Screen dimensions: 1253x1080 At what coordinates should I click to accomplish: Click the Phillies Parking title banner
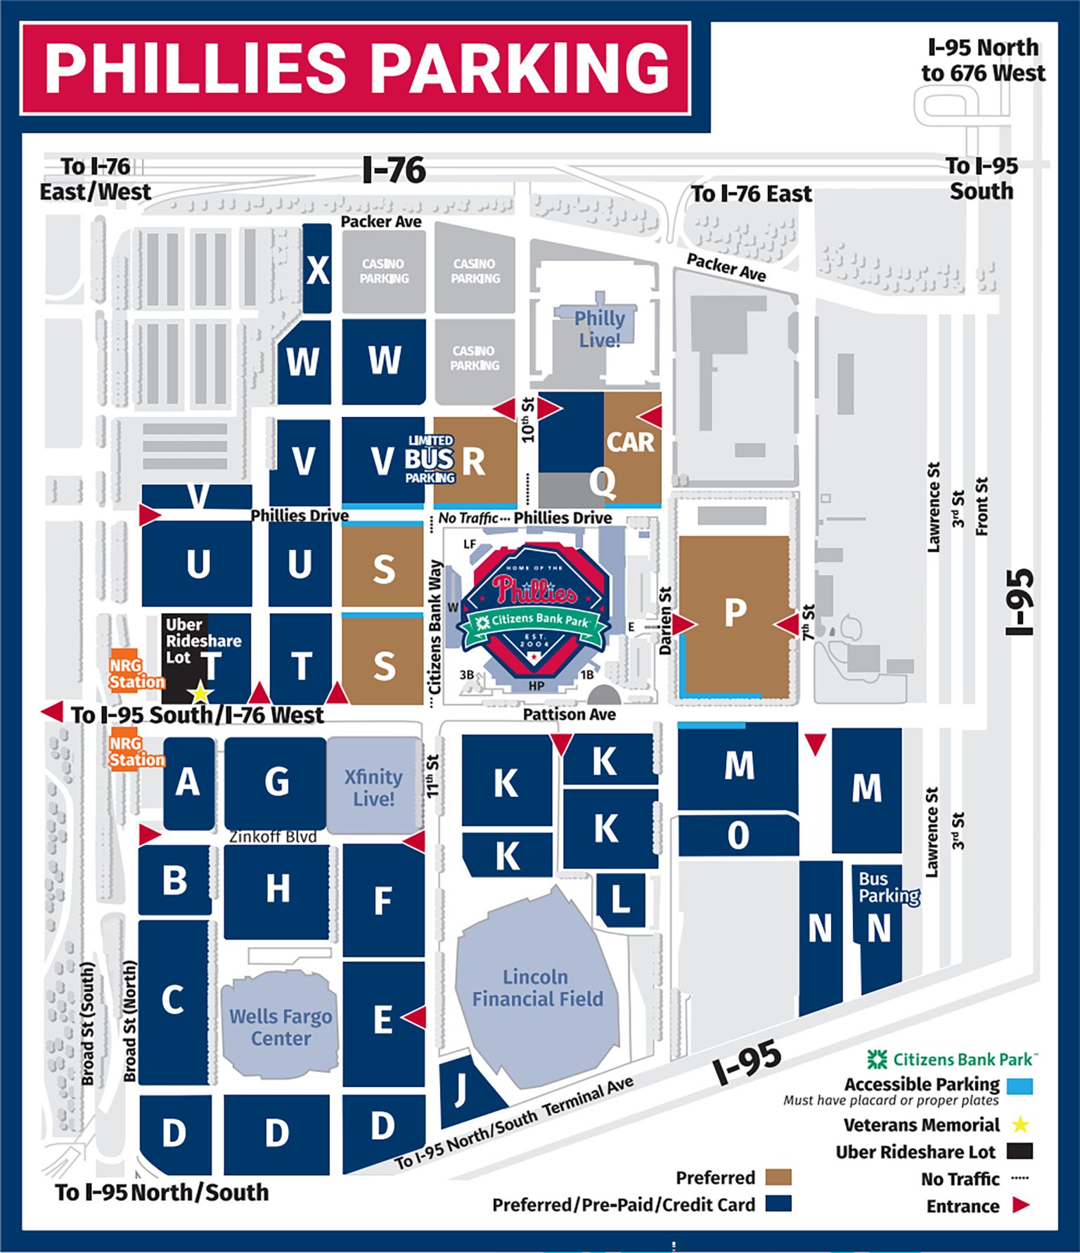coord(356,68)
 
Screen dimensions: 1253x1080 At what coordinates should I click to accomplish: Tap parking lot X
coord(317,269)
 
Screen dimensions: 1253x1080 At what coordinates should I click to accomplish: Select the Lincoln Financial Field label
coord(537,987)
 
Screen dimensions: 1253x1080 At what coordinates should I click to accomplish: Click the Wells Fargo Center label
coord(281,1027)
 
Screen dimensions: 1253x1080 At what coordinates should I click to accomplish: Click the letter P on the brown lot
coord(735,613)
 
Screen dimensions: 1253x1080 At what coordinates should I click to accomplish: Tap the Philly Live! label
coord(599,328)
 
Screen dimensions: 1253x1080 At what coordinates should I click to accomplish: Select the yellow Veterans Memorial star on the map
coord(200,693)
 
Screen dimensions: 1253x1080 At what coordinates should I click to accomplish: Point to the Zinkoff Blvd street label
coord(273,837)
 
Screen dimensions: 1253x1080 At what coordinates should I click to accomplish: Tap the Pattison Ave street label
coord(569,714)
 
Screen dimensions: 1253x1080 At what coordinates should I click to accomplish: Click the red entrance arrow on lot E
coord(414,1017)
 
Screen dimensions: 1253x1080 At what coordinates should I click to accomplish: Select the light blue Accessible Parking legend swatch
coord(1019,1085)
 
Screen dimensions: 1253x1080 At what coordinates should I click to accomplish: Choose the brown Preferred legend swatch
coord(778,1177)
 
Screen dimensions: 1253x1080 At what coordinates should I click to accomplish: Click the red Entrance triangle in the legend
coord(1020,1205)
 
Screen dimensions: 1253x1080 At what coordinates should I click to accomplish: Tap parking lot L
coord(620,899)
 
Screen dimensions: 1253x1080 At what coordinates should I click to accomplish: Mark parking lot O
coord(738,835)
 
